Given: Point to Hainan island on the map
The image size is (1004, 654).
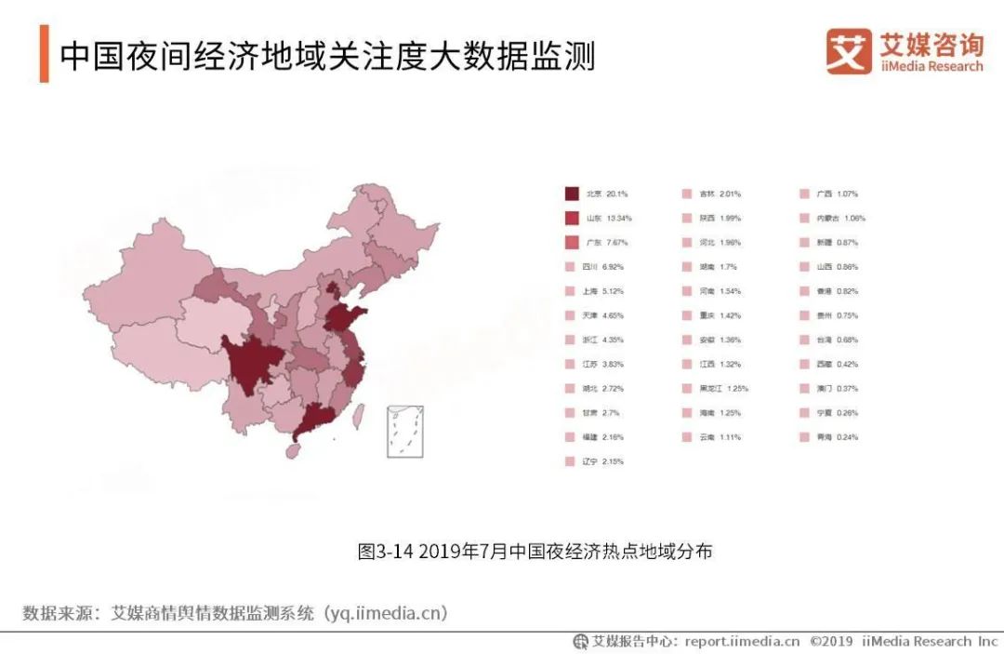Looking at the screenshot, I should click(293, 450).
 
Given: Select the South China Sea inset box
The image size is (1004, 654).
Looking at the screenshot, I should click(404, 431).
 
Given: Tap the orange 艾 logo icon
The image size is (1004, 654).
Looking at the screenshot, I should click(849, 50).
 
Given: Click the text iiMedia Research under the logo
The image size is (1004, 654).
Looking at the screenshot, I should click(931, 67).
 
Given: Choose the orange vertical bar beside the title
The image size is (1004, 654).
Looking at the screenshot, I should click(44, 54).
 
